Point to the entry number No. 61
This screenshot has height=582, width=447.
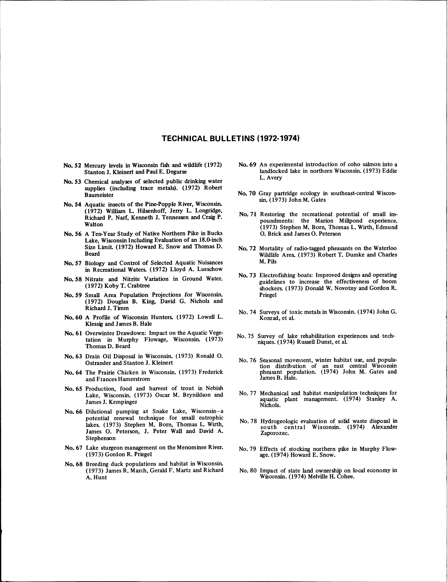73,333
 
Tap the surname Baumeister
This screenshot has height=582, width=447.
99,195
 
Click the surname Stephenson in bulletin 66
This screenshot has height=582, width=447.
101,438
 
